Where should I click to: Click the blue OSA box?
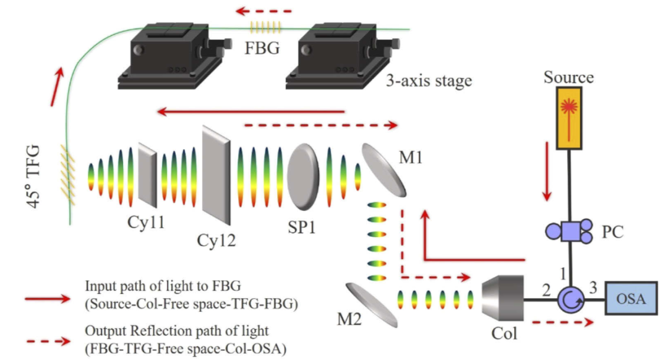pos(631,298)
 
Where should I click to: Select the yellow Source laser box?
pos(569,118)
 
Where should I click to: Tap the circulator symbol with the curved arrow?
pos(570,299)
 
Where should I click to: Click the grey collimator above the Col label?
pos(502,298)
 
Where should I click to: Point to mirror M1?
pos(383,170)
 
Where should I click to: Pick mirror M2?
pos(372,305)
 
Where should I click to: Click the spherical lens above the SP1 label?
pos(303,177)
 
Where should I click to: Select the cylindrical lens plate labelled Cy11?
pos(147,174)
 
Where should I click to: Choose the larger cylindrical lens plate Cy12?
pos(216,175)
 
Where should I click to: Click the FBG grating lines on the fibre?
pos(265,28)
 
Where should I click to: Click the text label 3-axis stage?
pos(429,80)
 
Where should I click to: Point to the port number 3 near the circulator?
pos(593,288)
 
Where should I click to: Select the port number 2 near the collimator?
pos(546,291)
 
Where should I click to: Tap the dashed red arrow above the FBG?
pos(263,11)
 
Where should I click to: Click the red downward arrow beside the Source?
pos(547,172)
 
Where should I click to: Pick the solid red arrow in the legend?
pos(47,299)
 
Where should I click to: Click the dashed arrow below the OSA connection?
pos(563,322)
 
